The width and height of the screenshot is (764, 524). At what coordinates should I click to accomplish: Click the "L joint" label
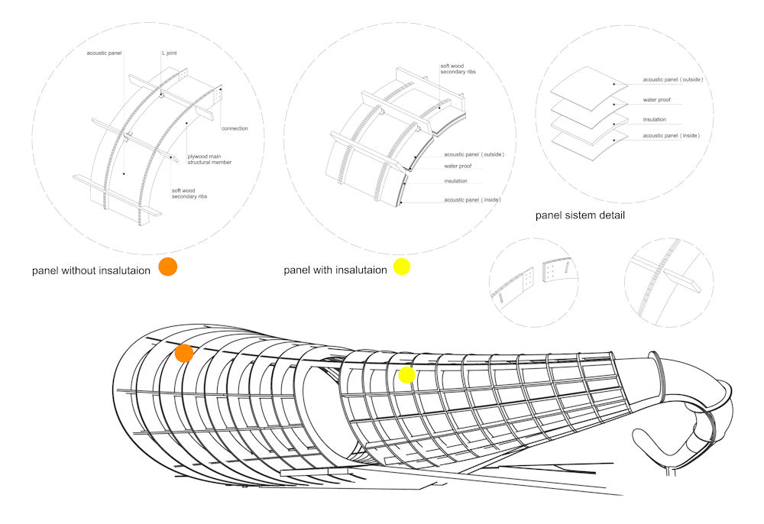(170, 53)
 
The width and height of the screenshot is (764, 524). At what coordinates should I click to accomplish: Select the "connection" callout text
(234, 128)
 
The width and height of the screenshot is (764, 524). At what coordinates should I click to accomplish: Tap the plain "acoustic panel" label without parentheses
(105, 53)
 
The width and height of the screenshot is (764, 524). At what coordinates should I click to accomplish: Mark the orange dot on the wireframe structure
(184, 353)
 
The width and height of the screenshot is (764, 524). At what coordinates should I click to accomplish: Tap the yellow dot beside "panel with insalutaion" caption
(402, 267)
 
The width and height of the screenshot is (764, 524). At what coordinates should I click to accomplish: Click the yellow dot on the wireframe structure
(406, 374)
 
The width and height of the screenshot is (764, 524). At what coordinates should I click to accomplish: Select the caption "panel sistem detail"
(580, 215)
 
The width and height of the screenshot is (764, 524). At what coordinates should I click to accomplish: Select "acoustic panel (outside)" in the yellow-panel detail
(474, 154)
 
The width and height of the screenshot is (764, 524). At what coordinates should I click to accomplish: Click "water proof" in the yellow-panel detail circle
(457, 167)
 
